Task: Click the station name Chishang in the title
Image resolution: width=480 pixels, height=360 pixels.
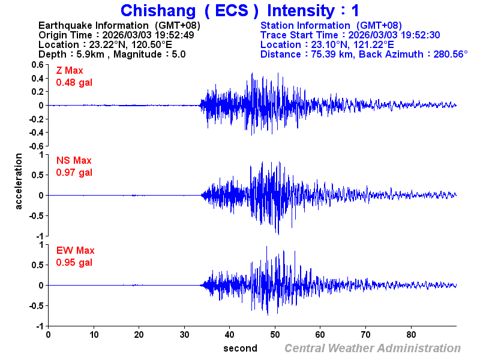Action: pos(158,11)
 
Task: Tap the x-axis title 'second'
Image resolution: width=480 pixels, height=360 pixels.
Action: pos(240,348)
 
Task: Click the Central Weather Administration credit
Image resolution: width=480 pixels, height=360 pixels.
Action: pos(372,348)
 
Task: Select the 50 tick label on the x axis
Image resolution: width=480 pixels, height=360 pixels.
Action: pos(275,334)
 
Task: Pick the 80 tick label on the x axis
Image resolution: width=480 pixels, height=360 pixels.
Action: pos(411,334)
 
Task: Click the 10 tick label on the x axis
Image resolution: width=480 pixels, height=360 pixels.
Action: pos(94,334)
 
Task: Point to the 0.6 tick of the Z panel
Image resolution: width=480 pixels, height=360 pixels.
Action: pos(38,64)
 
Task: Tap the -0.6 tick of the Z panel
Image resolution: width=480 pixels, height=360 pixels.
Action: pos(37,146)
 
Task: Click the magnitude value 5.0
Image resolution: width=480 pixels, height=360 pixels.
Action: pos(178,54)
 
